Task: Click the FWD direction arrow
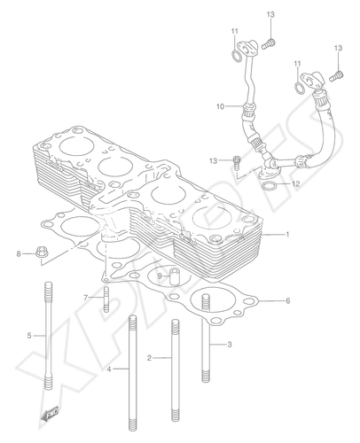click(x=50, y=413)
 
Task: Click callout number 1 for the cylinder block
click(x=287, y=234)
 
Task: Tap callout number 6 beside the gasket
click(x=287, y=300)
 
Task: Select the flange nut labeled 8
click(x=42, y=252)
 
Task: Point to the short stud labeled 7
click(x=106, y=299)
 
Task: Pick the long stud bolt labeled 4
click(x=133, y=373)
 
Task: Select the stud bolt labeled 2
click(x=176, y=370)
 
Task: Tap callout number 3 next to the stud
click(x=230, y=345)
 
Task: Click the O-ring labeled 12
click(x=270, y=186)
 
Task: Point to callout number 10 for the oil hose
click(x=221, y=106)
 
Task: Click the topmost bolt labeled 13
click(x=269, y=43)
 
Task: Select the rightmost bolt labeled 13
click(x=337, y=76)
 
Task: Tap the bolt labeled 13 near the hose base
click(x=237, y=162)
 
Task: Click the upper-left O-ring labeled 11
click(x=236, y=56)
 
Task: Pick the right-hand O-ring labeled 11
click(x=300, y=88)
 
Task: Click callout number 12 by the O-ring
click(x=295, y=183)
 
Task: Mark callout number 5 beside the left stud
click(x=29, y=336)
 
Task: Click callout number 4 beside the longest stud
click(x=109, y=369)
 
